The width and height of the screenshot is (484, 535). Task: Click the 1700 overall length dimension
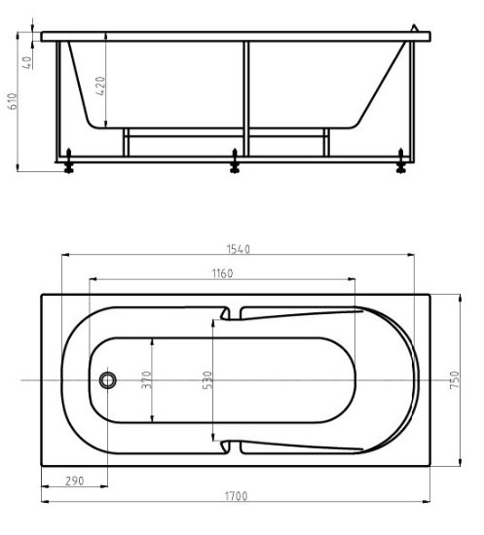pos(235,496)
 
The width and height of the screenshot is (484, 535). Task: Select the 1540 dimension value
pos(238,250)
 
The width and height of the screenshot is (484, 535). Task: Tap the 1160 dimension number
pos(222,274)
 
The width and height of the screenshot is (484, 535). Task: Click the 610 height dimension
pos(13,101)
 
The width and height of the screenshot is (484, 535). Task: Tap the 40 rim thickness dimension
pos(29,61)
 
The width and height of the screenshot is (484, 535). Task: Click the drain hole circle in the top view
pos(109,378)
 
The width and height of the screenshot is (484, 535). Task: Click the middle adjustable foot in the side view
pos(234,166)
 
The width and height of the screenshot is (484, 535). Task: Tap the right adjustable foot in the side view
pos(399,166)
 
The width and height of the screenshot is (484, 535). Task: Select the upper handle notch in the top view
pos(231,314)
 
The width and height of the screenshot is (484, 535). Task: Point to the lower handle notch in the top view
pos(231,444)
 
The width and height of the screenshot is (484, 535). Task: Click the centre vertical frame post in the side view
pos(246,97)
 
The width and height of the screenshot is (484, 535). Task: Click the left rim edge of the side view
pos(45,37)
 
